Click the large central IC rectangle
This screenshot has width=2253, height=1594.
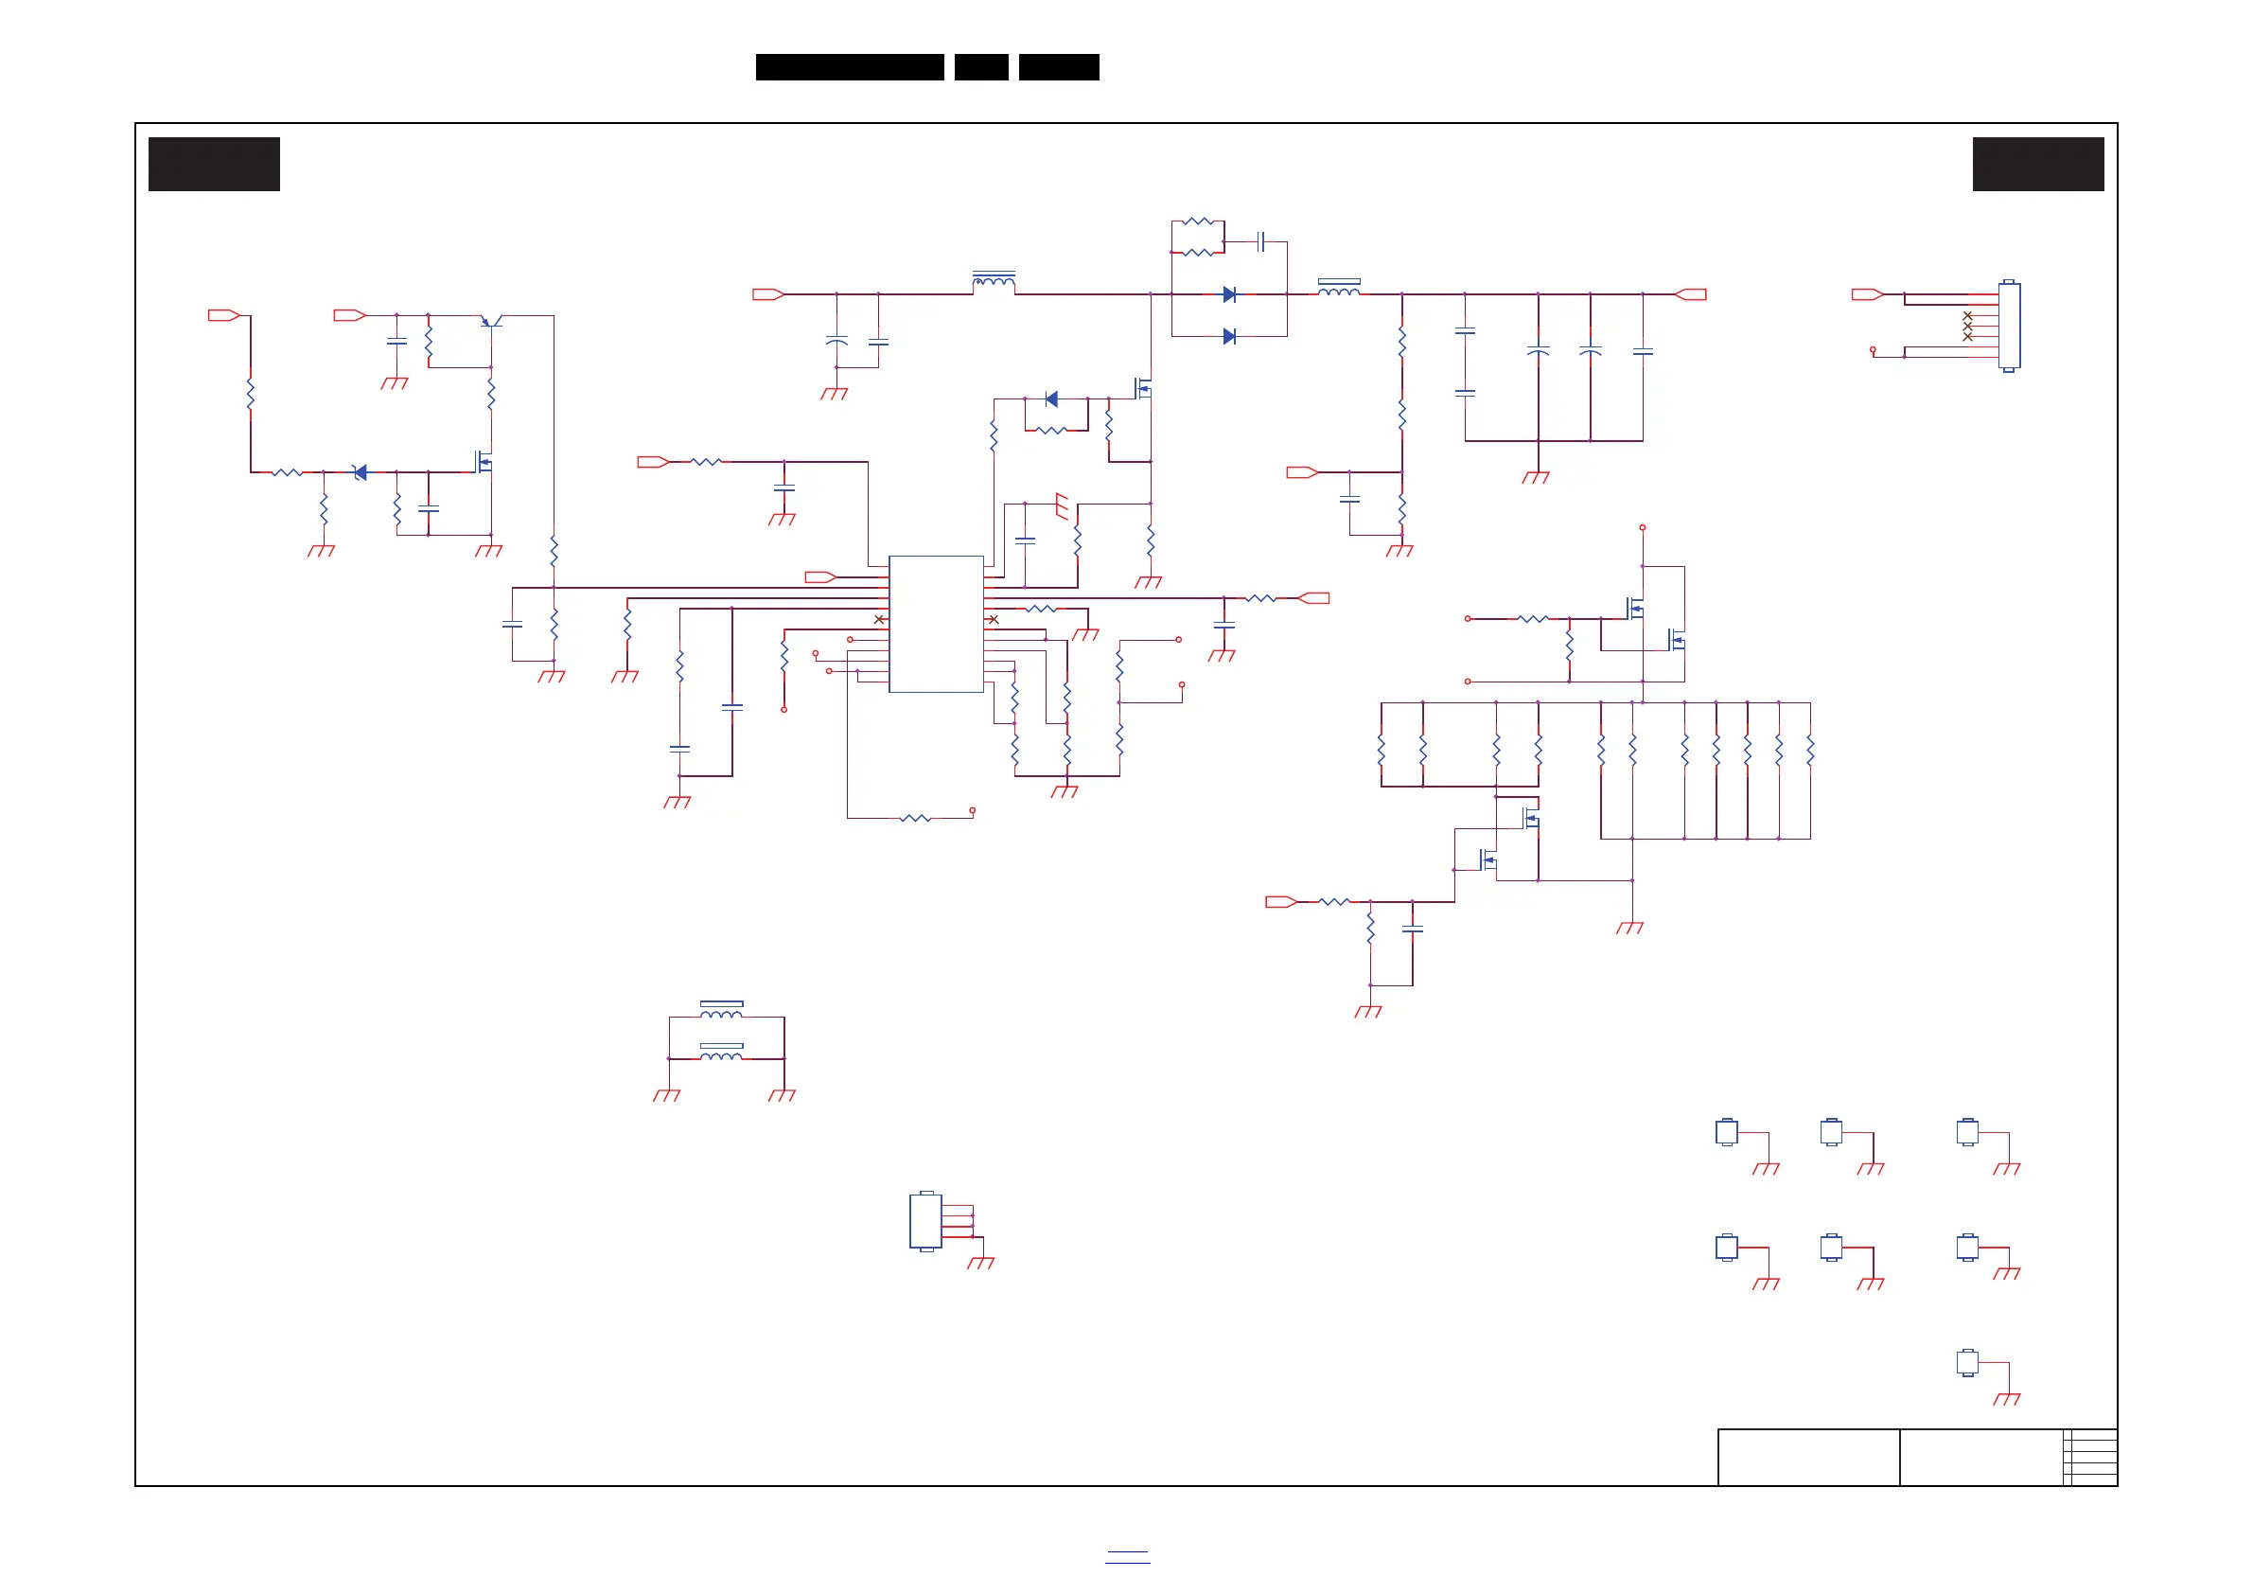point(935,624)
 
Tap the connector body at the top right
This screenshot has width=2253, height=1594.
point(2009,326)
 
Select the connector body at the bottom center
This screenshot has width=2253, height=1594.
point(925,1221)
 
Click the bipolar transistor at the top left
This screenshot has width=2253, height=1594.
point(492,319)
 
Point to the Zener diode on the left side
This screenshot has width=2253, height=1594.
point(361,472)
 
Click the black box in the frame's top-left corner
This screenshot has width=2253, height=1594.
point(214,164)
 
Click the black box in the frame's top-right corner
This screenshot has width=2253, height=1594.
point(2038,164)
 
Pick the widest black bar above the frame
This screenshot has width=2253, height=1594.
point(849,67)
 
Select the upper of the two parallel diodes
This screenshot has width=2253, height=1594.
point(1228,294)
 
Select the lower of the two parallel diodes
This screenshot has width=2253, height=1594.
point(1228,337)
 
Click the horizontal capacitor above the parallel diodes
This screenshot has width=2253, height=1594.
point(1261,241)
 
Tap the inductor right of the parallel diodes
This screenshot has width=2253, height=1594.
point(1338,289)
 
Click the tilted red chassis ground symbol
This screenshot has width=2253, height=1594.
point(1062,505)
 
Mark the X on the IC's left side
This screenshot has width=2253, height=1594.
point(878,619)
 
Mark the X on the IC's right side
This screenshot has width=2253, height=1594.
point(993,619)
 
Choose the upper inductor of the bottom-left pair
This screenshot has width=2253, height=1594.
point(721,1010)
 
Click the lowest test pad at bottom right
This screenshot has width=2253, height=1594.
point(1966,1362)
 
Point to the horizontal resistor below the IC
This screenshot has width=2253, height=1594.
point(915,818)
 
